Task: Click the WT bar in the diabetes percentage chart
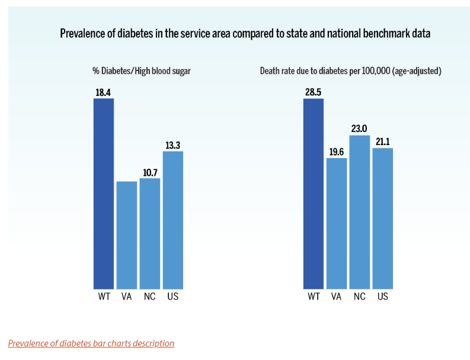tap(104, 193)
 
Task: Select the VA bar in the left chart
tap(127, 234)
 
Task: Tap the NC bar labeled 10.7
tap(150, 233)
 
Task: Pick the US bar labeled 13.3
tap(173, 219)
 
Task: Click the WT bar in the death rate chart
tap(314, 193)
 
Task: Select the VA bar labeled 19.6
tap(337, 223)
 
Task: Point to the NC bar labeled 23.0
tap(360, 212)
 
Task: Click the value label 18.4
tap(104, 92)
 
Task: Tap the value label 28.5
tap(314, 92)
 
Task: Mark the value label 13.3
tap(173, 145)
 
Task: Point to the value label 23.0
tap(360, 129)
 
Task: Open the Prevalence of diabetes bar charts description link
tap(91, 343)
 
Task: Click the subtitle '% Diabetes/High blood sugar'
tap(141, 71)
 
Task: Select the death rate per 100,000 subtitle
tap(351, 71)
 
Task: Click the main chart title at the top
tap(245, 34)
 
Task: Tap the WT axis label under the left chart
tap(104, 296)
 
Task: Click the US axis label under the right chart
tap(383, 296)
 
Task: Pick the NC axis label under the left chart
tap(150, 296)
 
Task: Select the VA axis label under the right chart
tap(337, 296)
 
